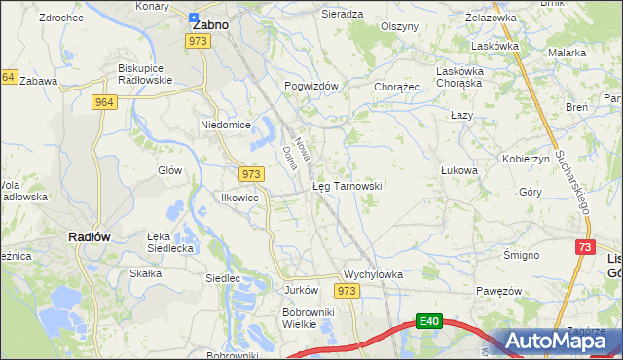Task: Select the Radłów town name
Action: coord(88,236)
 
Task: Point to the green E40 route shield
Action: coord(431,321)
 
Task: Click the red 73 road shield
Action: coord(584,249)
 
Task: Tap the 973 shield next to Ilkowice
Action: coord(251,173)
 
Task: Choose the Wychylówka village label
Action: coord(373,274)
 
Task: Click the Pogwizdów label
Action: coord(311,86)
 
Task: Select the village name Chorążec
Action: coord(396,87)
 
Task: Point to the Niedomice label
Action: coord(226,126)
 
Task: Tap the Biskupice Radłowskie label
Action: coord(144,74)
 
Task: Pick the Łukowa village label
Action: coord(458,170)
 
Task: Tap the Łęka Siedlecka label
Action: coord(171,242)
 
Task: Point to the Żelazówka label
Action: coord(491,18)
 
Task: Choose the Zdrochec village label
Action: coord(60,18)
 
